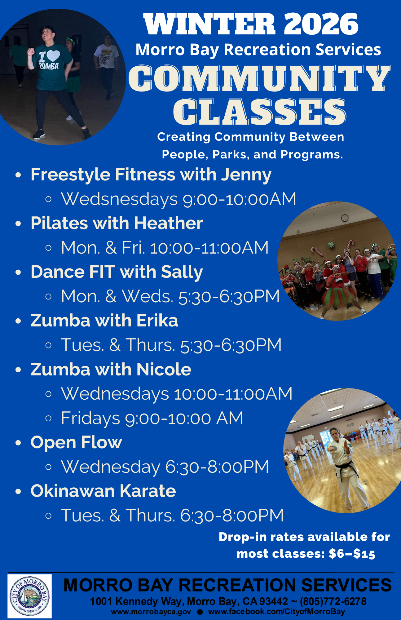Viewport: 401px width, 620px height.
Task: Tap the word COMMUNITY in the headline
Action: coord(259,79)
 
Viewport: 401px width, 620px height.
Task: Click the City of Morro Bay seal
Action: coord(29,596)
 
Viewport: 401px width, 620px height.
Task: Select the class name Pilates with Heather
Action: coord(117,223)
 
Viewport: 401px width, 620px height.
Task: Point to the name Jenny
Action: coord(246,175)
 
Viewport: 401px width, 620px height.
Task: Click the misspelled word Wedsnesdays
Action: coord(119,199)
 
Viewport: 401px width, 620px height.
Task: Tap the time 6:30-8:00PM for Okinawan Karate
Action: coord(232,516)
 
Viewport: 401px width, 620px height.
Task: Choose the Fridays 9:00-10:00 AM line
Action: coord(152,418)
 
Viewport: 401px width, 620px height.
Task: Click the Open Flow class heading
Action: coord(76,442)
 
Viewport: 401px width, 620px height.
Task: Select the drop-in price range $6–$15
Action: coord(352,554)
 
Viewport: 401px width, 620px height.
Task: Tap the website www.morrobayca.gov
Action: coord(151,612)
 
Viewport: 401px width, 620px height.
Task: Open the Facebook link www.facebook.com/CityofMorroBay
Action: coord(276,612)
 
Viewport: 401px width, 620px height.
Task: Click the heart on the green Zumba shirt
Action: coord(53,56)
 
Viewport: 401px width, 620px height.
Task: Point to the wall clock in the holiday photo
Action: coord(345,218)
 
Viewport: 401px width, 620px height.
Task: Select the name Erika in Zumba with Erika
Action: coord(157,321)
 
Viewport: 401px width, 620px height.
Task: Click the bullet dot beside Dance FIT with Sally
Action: coord(18,272)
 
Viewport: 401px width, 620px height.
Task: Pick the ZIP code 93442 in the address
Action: coord(274,602)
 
